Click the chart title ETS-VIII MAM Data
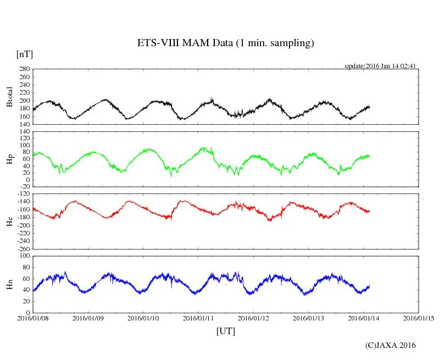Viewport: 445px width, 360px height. pos(225,43)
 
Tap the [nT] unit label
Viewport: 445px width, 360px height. pos(25,54)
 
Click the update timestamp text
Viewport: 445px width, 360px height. pos(380,66)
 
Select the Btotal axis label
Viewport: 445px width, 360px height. pos(9,97)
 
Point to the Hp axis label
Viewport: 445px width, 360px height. pos(9,159)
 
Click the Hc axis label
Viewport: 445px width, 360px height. pos(9,221)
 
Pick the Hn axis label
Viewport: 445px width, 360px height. pos(9,284)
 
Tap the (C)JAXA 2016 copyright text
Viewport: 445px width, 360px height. pos(390,345)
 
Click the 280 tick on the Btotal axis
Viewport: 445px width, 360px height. pos(24,69)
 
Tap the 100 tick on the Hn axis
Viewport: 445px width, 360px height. pos(24,256)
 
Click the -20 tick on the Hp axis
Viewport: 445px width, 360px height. pos(24,187)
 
